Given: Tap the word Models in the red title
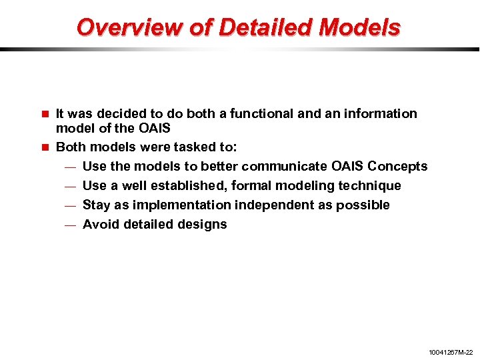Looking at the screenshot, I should (x=360, y=27).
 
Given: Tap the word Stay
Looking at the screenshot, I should (x=96, y=205).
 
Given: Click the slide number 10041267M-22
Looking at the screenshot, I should (x=450, y=351).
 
